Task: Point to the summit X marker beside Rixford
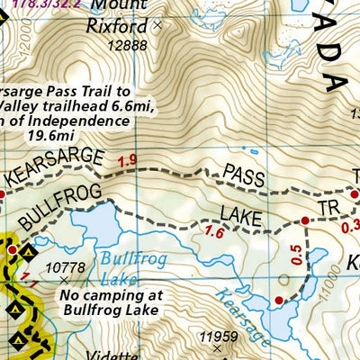pos(158,26)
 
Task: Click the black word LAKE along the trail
pos(241,218)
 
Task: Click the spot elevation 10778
pos(65,267)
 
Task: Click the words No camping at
pos(106,294)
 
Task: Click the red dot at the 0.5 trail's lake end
pos(279,300)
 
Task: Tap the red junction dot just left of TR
pos(306,220)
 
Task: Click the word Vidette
pos(112,355)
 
